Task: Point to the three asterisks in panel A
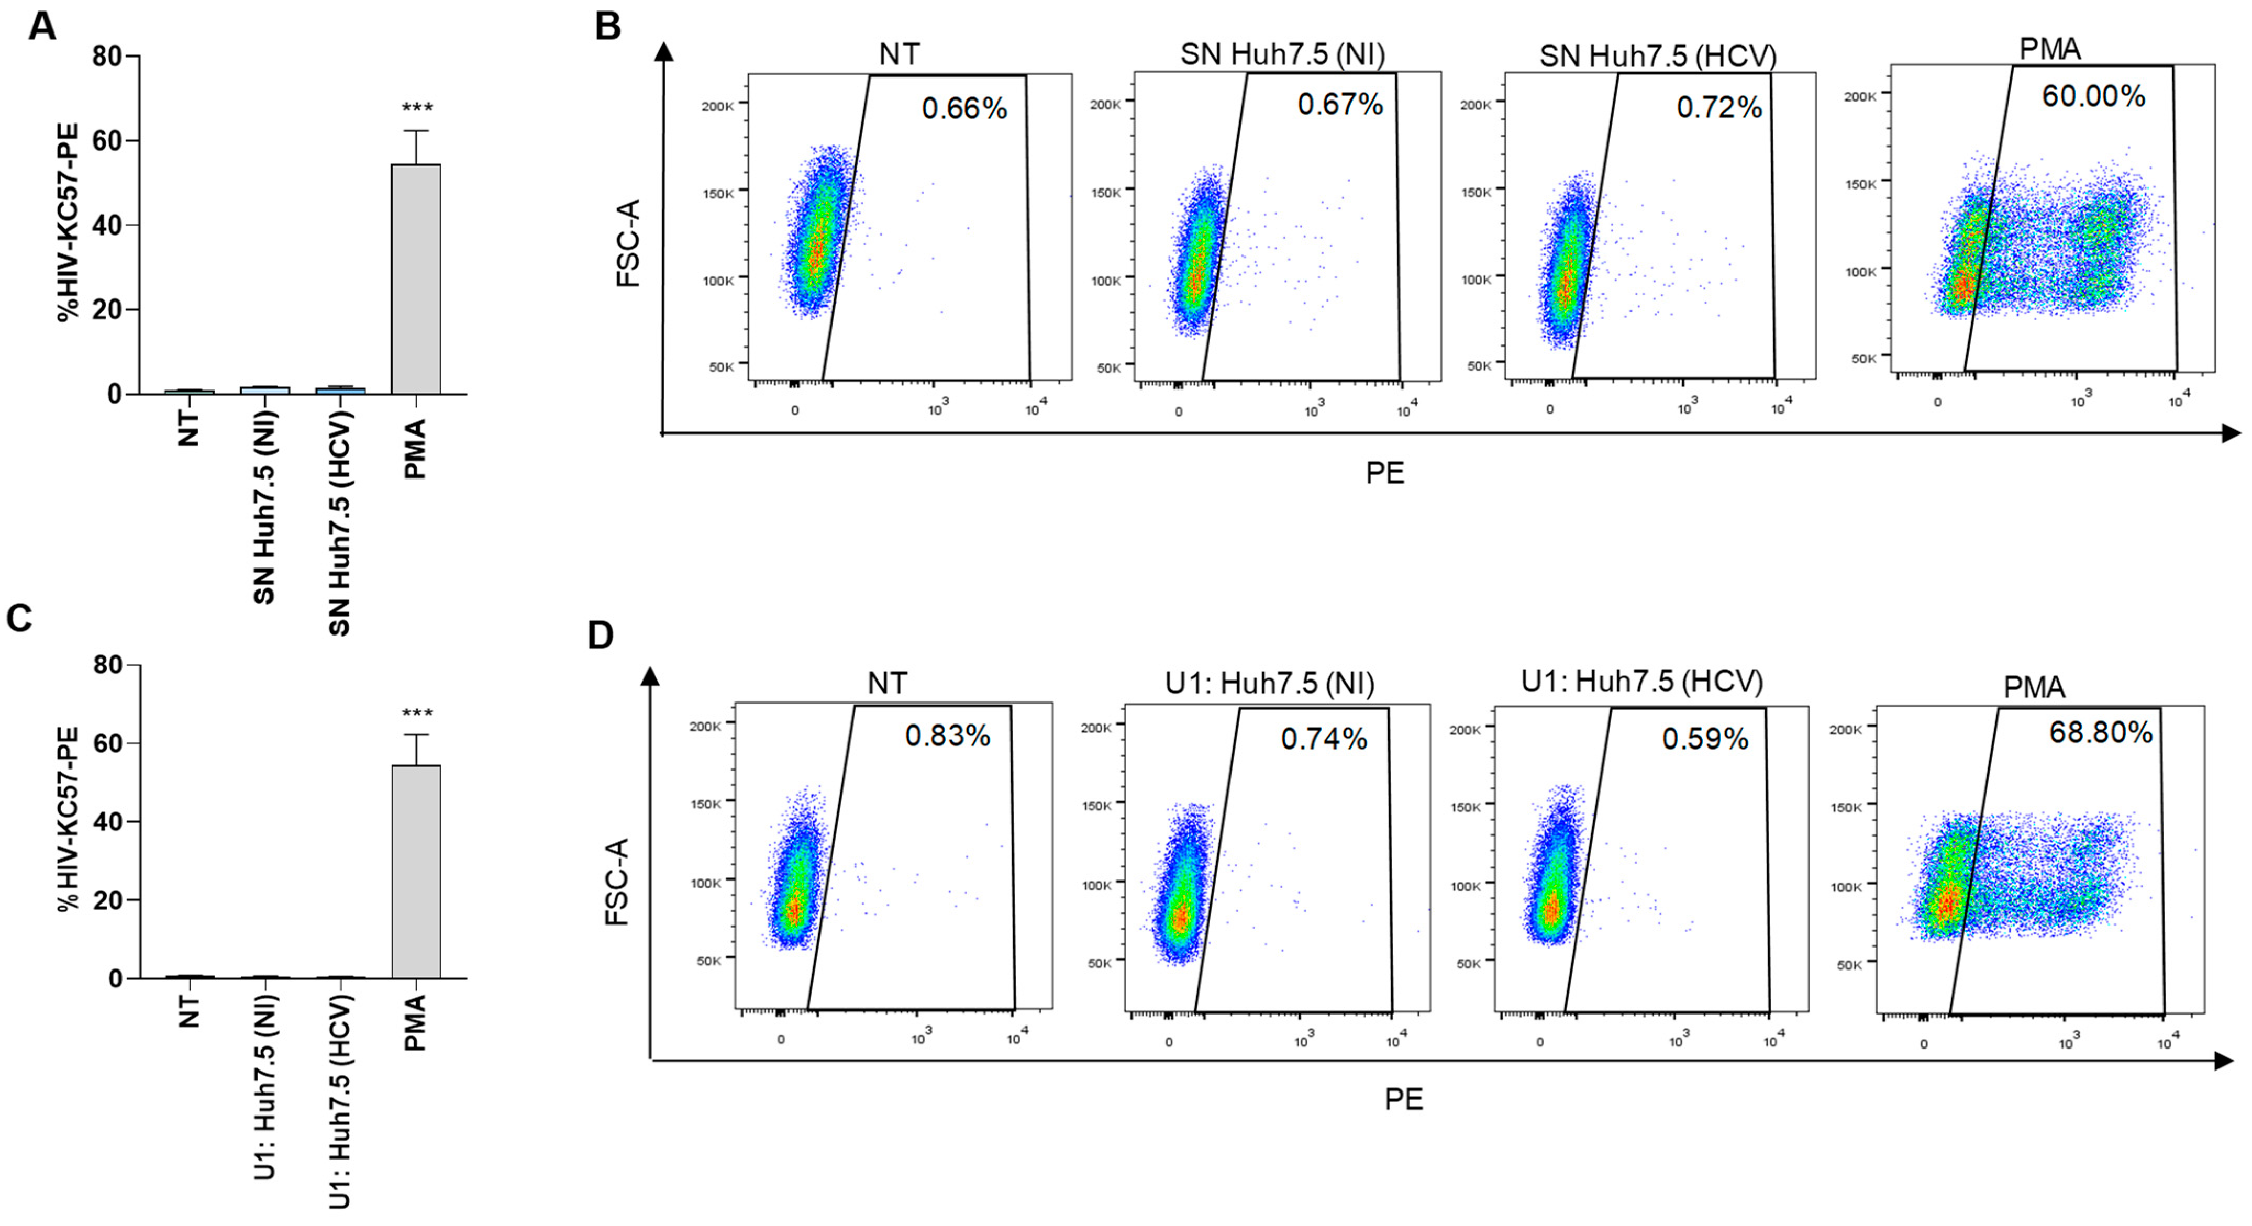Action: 417,108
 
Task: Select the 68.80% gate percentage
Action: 2100,732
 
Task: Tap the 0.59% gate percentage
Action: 1705,739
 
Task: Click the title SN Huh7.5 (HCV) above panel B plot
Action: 1658,56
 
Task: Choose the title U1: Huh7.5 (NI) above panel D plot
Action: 1269,683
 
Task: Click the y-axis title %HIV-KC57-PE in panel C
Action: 68,819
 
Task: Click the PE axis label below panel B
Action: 1385,473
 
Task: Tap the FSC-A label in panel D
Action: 617,881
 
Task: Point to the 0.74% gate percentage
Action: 1324,739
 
